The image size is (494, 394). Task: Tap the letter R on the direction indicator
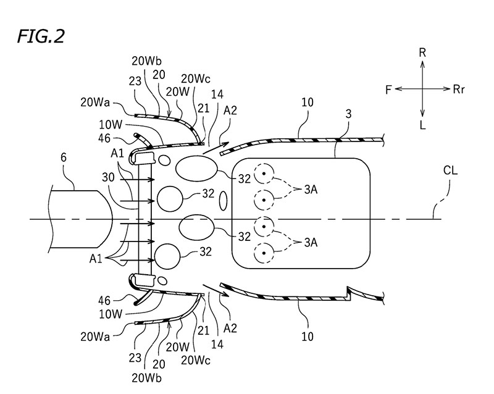click(x=422, y=54)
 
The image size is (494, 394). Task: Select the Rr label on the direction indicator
click(x=459, y=90)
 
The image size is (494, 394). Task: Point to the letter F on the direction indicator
click(x=388, y=90)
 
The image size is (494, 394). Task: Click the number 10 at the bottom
click(x=308, y=337)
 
